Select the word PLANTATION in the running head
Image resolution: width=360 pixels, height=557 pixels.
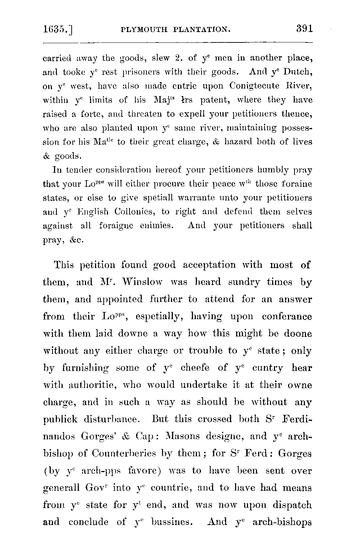tap(201, 30)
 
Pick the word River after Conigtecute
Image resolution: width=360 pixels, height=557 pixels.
tap(299, 86)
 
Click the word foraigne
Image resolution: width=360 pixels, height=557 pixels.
tap(116, 226)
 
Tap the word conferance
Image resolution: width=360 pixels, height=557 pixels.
tap(287, 316)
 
